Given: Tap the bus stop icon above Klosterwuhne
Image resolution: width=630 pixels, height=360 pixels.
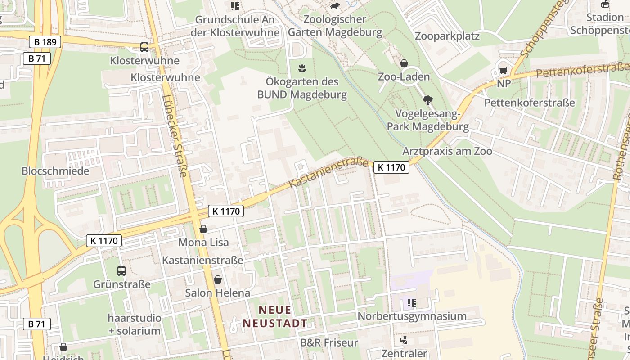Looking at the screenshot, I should (144, 47).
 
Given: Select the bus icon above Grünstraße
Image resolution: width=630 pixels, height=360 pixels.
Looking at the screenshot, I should (121, 270).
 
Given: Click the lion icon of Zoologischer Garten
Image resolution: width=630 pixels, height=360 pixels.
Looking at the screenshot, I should (334, 6).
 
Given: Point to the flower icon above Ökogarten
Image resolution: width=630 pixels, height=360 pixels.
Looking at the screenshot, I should (302, 68).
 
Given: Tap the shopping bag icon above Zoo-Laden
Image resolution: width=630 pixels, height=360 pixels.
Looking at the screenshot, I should (404, 63).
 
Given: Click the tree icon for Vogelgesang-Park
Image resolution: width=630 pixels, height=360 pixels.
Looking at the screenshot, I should (427, 100).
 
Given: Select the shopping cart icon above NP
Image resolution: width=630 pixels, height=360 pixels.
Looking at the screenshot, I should (504, 70).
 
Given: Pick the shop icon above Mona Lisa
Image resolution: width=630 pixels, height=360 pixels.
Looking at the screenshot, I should (203, 229).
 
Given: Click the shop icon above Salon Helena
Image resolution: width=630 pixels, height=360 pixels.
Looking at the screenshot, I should (218, 279).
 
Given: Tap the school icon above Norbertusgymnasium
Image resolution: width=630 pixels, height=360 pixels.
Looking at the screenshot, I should (411, 302).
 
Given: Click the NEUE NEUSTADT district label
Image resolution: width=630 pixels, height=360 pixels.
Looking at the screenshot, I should (275, 316).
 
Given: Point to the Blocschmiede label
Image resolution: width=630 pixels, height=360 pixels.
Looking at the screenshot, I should (55, 171).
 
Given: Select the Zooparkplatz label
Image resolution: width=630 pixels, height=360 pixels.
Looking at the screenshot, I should (447, 36).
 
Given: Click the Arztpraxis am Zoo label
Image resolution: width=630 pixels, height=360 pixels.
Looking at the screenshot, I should (447, 151).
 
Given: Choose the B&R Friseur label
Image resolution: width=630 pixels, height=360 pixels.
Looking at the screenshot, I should (329, 342).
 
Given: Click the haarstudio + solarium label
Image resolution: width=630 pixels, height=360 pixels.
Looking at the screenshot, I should (134, 324).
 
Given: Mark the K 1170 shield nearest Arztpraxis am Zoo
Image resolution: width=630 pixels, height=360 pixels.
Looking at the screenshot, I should (391, 167).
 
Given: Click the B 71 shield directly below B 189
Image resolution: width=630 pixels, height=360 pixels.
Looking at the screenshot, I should (37, 58).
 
